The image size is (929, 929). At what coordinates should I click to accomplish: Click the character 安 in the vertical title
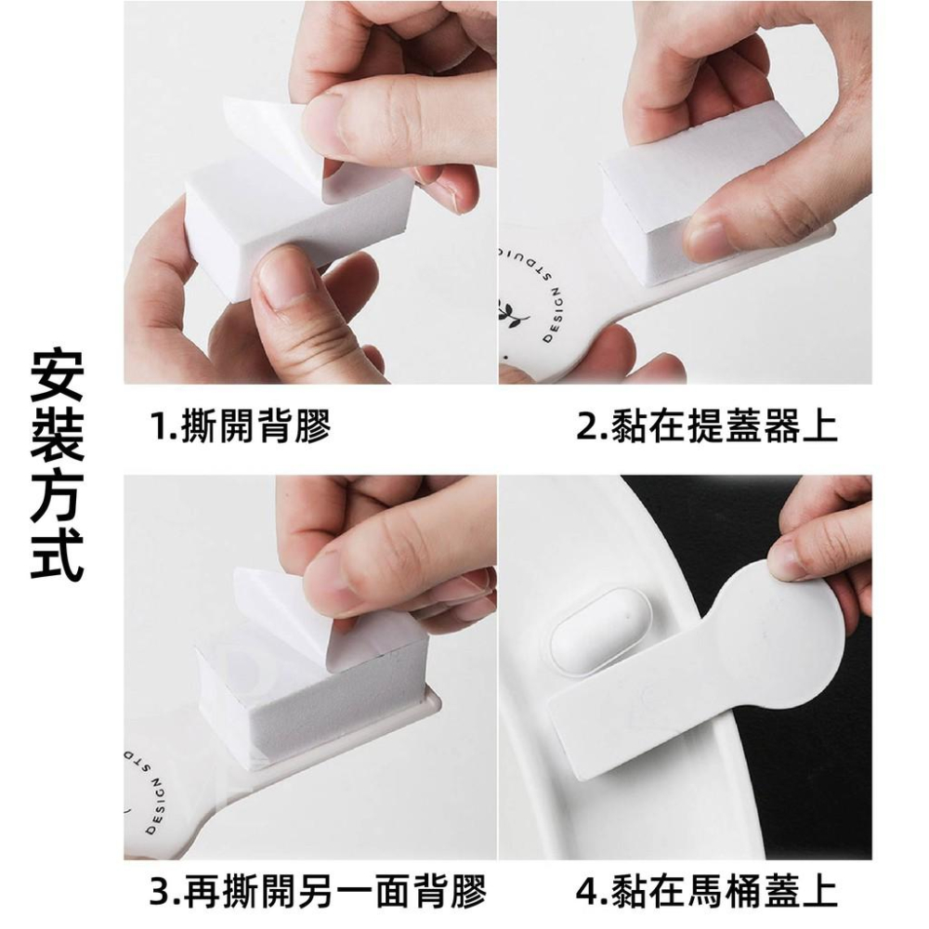[58, 375]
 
